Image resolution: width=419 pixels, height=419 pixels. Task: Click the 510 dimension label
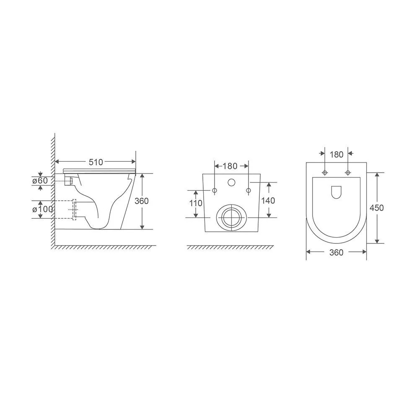pos(96,162)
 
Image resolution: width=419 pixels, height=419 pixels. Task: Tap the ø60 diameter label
pos(40,181)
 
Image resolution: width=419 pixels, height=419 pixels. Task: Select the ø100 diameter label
pos(42,209)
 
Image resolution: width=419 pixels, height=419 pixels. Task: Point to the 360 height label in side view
pos(141,201)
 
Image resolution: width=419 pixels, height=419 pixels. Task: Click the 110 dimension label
pos(196,203)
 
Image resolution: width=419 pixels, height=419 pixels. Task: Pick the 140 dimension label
pos(268,200)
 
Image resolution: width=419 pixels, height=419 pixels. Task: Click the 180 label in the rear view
pos(230,166)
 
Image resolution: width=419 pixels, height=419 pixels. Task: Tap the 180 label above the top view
pos(336,155)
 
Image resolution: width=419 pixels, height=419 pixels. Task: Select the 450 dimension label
pos(377,208)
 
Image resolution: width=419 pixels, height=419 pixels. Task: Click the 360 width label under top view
pos(336,253)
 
